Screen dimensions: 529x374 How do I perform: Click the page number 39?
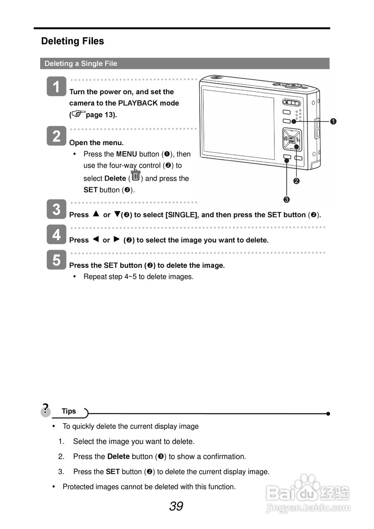tap(176, 506)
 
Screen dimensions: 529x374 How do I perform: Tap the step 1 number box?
tap(57, 87)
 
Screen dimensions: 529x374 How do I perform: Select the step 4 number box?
tap(57, 235)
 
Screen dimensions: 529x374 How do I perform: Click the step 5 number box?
tap(57, 260)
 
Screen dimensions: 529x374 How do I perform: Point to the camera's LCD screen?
tap(238, 124)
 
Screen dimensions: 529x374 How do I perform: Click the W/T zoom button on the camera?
tap(291, 102)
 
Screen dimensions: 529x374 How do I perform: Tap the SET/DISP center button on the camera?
tap(291, 139)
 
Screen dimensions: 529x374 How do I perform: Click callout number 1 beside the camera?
tap(333, 121)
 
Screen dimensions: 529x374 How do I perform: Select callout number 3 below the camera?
tap(286, 200)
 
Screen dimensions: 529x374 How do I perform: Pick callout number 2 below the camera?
tap(297, 181)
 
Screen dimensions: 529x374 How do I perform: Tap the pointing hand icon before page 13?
tap(78, 113)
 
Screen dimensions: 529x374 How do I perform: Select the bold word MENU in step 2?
tap(126, 154)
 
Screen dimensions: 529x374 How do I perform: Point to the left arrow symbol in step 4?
tap(95, 239)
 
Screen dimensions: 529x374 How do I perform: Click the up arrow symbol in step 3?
tap(96, 214)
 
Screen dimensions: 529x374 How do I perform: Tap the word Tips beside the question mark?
tap(69, 411)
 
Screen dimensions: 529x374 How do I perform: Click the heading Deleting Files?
tap(72, 41)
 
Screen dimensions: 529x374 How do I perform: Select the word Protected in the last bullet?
tap(78, 487)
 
